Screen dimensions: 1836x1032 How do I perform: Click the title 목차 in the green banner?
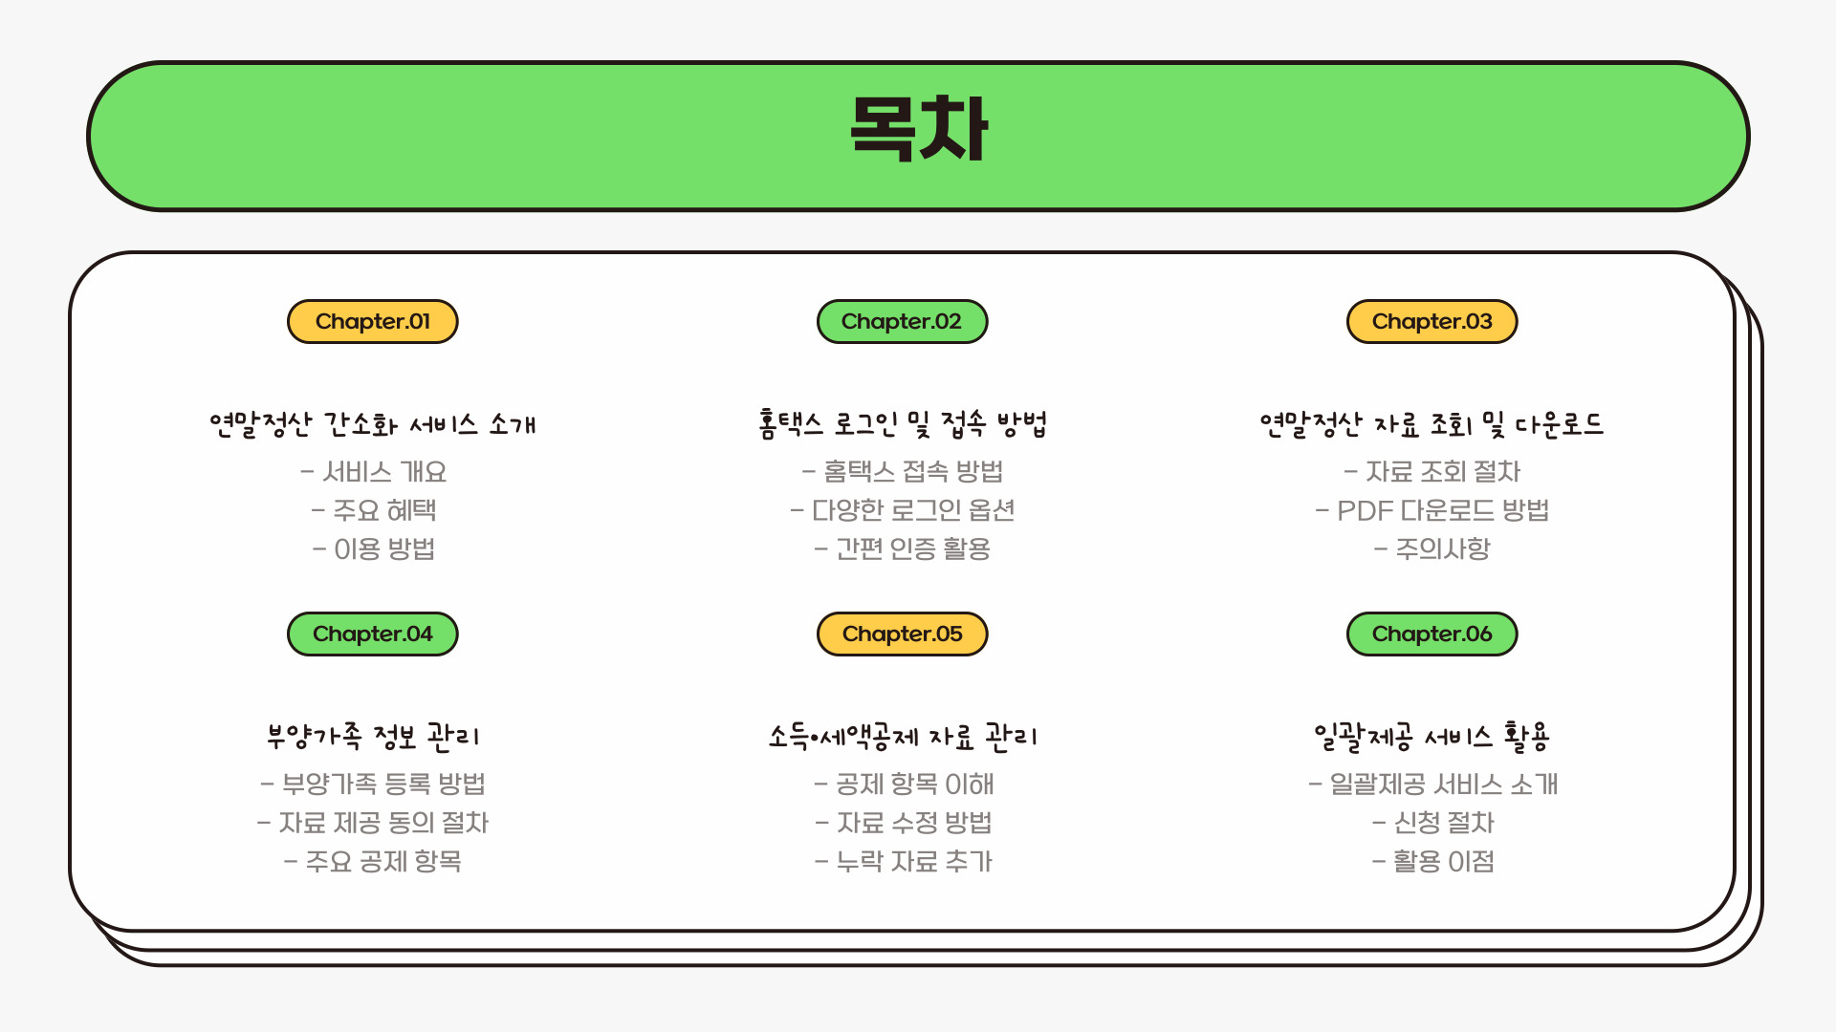(x=918, y=129)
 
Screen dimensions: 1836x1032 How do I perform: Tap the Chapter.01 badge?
(x=373, y=322)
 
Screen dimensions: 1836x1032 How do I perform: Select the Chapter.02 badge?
(x=902, y=322)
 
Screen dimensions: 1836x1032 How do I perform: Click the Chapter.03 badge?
(x=1432, y=322)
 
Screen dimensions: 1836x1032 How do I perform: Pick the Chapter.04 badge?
(x=373, y=634)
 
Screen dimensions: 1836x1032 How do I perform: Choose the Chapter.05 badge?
(x=902, y=634)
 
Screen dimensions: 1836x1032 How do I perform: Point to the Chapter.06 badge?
(x=1432, y=634)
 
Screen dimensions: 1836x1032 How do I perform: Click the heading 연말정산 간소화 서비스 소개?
(x=373, y=424)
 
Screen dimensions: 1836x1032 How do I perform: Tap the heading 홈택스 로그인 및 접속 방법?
(x=902, y=423)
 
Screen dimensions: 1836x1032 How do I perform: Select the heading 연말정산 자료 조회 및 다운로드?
(x=1432, y=424)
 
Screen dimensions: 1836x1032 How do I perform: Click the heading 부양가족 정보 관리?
(x=373, y=737)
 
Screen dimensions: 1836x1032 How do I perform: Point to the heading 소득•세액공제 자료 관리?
(x=902, y=737)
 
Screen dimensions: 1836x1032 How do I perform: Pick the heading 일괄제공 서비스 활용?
(x=1432, y=737)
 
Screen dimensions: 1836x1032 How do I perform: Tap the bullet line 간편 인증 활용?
(x=903, y=549)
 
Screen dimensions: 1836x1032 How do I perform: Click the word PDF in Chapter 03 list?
(x=1365, y=511)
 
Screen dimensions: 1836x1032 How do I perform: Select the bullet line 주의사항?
(x=1432, y=549)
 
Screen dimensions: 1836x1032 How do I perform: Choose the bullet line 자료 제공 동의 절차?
(x=373, y=823)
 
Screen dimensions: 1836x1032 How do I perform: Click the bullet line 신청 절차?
(x=1432, y=823)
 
